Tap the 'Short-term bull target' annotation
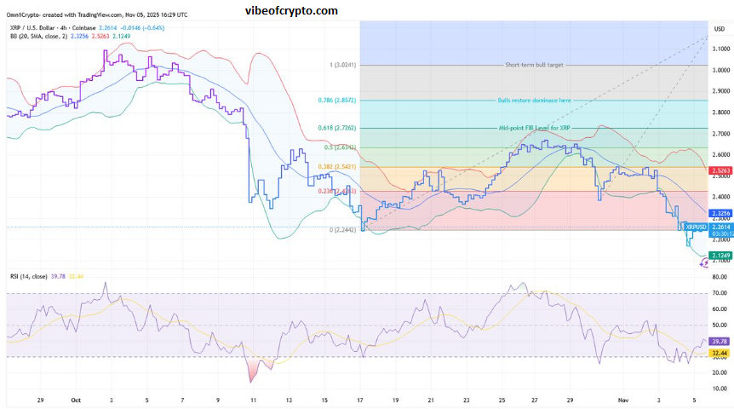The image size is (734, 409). click(535, 65)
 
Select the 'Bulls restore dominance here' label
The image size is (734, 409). click(534, 101)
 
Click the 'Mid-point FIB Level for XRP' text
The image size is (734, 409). click(535, 128)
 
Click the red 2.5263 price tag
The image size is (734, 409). click(719, 170)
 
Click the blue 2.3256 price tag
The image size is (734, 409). click(719, 212)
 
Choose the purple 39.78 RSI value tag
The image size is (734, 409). click(719, 317)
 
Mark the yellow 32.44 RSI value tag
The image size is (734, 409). click(719, 329)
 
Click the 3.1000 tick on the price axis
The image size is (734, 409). click(720, 49)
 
